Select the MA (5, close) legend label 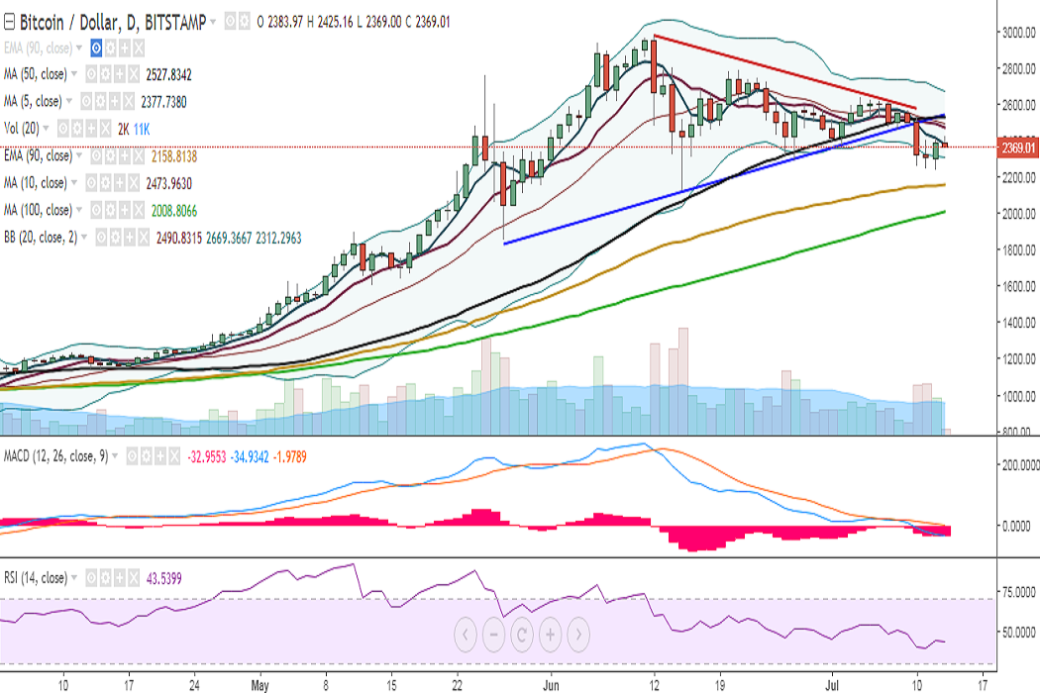[34, 101]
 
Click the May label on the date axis [260, 684]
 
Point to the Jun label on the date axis [553, 684]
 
